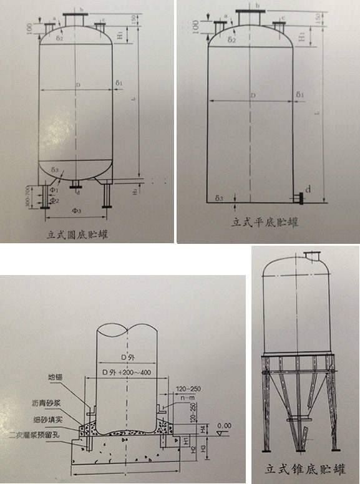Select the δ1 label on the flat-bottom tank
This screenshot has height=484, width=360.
click(x=300, y=95)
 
